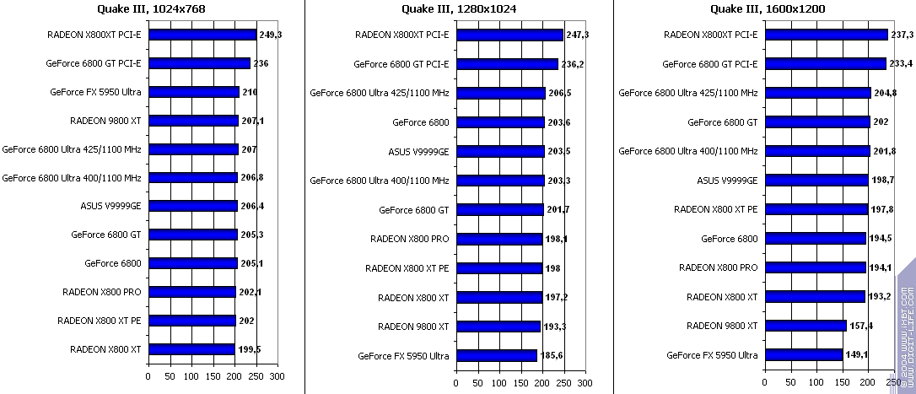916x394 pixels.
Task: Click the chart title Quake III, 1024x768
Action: click(x=152, y=9)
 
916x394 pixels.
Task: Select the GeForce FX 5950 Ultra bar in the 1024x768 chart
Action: click(x=194, y=92)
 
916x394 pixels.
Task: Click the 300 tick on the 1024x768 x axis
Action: click(x=277, y=376)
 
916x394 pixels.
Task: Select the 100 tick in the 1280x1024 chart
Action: click(x=498, y=382)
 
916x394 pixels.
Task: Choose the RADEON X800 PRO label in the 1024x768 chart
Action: click(x=101, y=292)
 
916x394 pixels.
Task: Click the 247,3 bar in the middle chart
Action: click(x=509, y=35)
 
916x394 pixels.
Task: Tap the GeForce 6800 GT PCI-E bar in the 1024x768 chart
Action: click(x=199, y=63)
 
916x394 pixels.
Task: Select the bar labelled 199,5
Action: click(x=191, y=349)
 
